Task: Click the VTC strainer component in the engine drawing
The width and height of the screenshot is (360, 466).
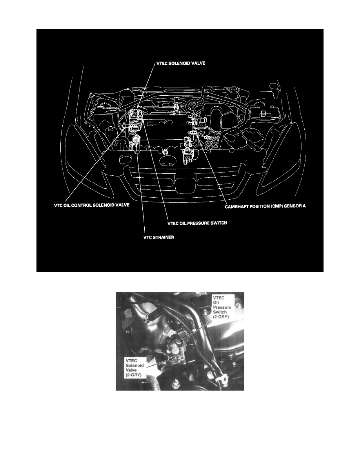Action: [x=136, y=139]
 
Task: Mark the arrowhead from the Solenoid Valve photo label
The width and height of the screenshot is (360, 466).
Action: [x=171, y=358]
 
